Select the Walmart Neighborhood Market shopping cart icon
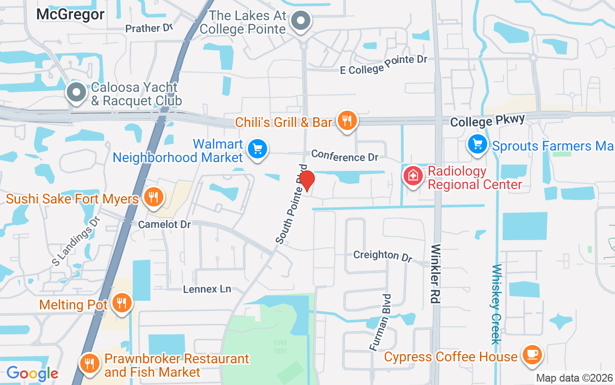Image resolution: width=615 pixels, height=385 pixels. point(258,149)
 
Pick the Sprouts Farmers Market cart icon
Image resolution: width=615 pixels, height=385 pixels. point(478,144)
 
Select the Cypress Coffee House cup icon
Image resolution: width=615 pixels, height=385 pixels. point(531,355)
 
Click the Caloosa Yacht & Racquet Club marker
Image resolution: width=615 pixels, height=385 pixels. point(76,92)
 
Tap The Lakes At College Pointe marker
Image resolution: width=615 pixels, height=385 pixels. point(301,21)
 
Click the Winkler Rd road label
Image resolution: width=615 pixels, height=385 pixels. point(435,274)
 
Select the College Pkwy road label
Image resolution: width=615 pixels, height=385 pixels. point(488,120)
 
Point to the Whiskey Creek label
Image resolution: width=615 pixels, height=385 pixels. point(496,304)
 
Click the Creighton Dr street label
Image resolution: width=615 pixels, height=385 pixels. point(382,255)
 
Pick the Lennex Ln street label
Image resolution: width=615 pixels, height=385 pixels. point(207,289)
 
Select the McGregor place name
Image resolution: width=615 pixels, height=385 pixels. point(70,14)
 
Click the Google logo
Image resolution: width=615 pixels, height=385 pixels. point(32,373)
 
